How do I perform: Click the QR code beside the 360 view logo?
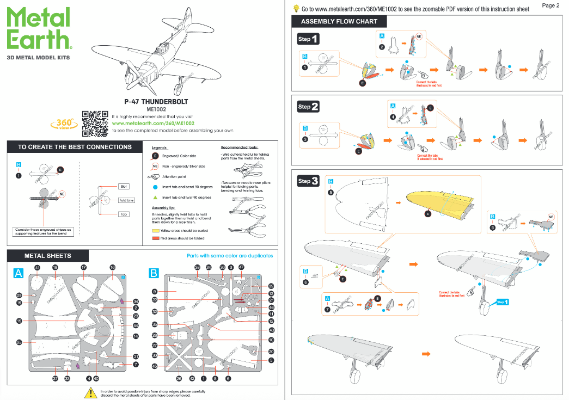[95, 124]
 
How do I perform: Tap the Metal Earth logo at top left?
[39, 28]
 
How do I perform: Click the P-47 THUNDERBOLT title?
[156, 101]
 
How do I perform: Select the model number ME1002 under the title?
[156, 109]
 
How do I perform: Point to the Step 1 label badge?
[308, 39]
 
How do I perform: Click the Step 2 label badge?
[308, 107]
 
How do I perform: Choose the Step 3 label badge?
[308, 181]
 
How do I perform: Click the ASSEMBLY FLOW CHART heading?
[339, 22]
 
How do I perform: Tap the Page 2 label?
[551, 5]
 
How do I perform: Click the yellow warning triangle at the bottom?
[90, 392]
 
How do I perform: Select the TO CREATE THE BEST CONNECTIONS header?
[75, 147]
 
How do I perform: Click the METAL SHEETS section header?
[48, 255]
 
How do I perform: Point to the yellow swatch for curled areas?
[155, 231]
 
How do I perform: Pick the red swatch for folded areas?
[155, 238]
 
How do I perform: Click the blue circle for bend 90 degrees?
[155, 187]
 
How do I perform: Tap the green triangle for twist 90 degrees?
[155, 197]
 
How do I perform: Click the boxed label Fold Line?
[126, 200]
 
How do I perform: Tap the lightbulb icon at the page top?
[296, 9]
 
